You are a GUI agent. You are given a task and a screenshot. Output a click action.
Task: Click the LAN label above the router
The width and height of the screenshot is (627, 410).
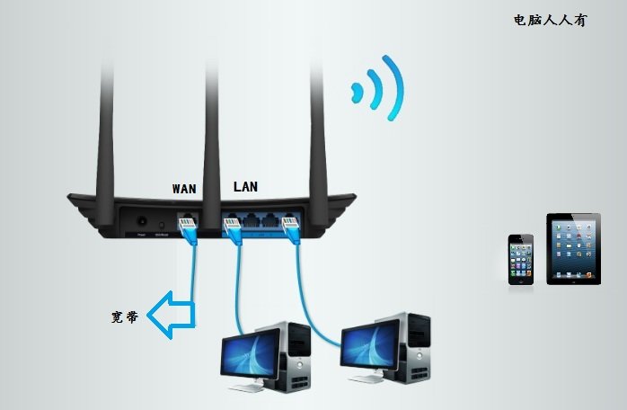(x=245, y=187)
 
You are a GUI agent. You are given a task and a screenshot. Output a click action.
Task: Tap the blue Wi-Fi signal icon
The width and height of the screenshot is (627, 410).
(x=378, y=89)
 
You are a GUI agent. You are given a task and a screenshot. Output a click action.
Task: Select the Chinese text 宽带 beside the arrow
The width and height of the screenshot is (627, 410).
(x=125, y=317)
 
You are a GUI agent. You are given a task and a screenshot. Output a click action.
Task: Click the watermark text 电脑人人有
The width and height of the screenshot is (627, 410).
(x=550, y=20)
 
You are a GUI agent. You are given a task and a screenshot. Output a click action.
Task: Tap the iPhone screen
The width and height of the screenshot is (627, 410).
(x=521, y=257)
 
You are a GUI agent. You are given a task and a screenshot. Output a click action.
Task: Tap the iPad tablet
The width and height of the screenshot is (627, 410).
(x=573, y=248)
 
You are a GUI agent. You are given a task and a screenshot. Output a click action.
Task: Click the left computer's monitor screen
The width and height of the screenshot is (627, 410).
(x=250, y=352)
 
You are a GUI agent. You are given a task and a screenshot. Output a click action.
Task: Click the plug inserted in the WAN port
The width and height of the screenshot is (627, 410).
(x=190, y=230)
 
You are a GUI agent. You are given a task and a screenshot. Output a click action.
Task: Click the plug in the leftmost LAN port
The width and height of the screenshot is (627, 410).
(x=234, y=231)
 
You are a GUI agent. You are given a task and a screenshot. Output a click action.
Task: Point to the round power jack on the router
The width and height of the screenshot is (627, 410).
(x=141, y=220)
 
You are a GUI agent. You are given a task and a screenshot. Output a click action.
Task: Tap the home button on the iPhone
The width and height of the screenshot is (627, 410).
(x=521, y=278)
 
